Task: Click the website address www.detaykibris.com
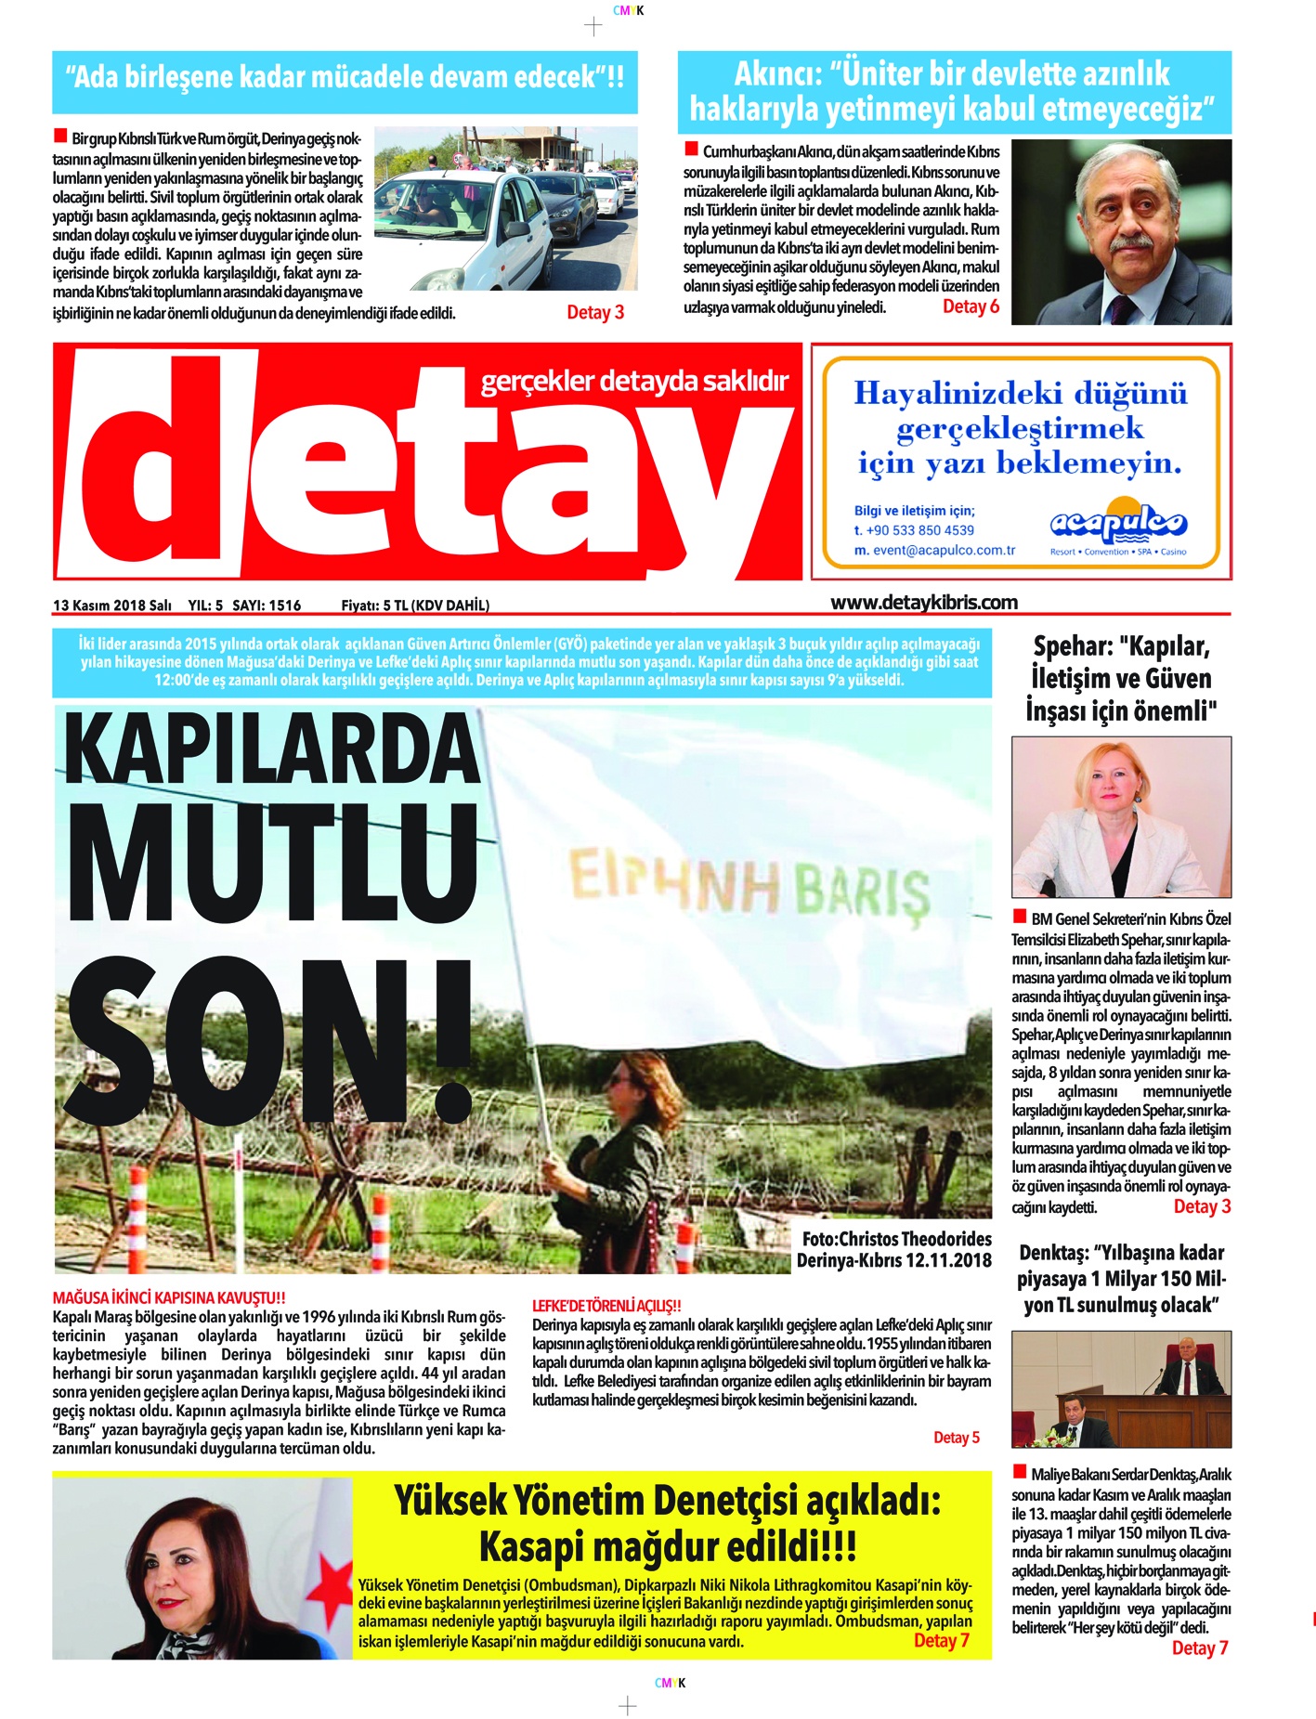point(923,602)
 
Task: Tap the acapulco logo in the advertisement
point(1118,527)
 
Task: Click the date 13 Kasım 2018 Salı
point(112,606)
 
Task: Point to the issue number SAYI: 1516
point(267,606)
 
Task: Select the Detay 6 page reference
point(971,306)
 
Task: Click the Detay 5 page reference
point(956,1438)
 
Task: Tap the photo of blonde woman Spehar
point(1121,817)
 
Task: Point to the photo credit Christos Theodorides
point(896,1239)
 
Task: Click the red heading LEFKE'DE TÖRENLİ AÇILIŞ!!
point(606,1305)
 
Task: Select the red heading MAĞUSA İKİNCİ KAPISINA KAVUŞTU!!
point(169,1297)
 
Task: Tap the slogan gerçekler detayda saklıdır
point(634,381)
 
